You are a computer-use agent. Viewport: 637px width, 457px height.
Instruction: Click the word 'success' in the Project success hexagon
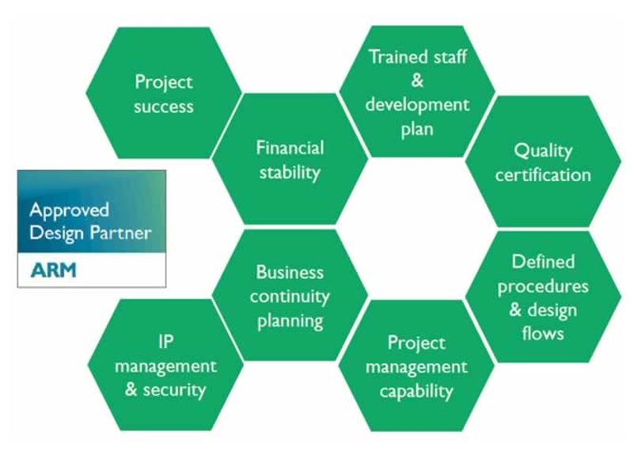tap(164, 107)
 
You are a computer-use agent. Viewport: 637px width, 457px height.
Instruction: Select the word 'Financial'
tap(290, 148)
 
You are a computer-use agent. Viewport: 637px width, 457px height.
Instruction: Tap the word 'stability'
tap(290, 173)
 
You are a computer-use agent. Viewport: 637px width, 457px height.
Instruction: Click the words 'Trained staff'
tap(418, 56)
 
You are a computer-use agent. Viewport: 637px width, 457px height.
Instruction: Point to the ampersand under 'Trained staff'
tap(417, 81)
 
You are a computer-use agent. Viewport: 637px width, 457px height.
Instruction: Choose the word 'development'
tap(417, 104)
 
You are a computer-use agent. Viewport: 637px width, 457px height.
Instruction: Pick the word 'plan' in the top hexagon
tap(417, 130)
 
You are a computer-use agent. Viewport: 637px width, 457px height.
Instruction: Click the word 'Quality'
tap(543, 151)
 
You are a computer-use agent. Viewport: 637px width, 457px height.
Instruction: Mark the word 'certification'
tap(543, 176)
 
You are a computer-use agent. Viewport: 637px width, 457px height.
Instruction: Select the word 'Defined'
tap(543, 262)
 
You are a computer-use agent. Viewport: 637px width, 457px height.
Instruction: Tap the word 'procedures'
tap(543, 287)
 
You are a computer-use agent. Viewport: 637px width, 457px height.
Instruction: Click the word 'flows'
tap(543, 334)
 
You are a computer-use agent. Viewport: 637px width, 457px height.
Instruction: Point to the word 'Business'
tap(290, 272)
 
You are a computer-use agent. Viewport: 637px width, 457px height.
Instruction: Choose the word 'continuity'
tap(290, 296)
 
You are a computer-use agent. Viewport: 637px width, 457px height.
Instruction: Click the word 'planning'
tap(290, 322)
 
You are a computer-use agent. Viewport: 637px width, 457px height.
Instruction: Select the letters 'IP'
tap(165, 342)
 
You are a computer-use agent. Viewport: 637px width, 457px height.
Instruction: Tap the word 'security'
tap(175, 390)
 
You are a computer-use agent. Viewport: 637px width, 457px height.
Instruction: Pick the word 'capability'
tap(416, 391)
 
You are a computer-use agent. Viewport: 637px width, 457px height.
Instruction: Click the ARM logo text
tap(53, 270)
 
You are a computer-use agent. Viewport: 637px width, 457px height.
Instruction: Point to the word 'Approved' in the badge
tap(70, 210)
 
